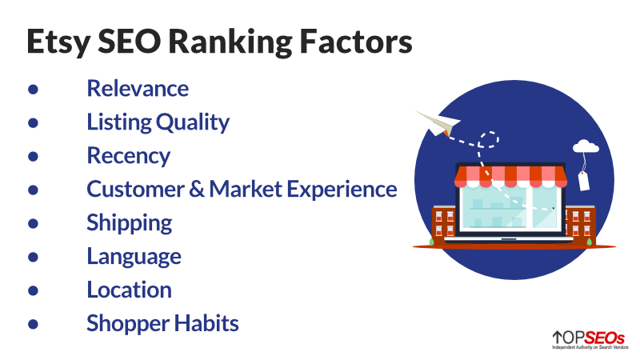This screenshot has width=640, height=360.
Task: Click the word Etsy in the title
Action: tap(58, 42)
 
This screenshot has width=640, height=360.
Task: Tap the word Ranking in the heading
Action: tap(230, 42)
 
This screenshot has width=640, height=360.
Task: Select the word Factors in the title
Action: tap(356, 42)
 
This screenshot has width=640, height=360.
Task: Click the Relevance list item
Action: tap(138, 88)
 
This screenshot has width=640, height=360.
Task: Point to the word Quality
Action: tap(193, 122)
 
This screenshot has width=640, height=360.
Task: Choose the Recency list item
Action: tap(129, 156)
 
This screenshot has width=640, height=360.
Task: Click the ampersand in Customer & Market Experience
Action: tap(196, 189)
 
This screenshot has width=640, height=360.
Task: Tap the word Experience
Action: tap(342, 190)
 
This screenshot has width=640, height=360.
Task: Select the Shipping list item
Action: tap(130, 223)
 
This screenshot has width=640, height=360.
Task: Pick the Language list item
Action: tap(134, 257)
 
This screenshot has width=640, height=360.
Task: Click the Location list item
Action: tap(129, 290)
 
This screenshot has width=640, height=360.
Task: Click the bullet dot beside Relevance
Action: tap(33, 90)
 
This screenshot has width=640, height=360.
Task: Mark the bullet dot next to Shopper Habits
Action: tap(33, 324)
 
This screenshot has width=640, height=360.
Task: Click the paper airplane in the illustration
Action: tap(438, 123)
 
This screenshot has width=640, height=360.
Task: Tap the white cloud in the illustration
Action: tap(586, 146)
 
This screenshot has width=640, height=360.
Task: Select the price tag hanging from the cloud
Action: tap(584, 181)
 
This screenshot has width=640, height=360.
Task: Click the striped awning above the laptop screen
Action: tap(510, 176)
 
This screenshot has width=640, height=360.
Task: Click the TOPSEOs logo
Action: tap(590, 339)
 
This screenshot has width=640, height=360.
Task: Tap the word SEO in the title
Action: tap(130, 42)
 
